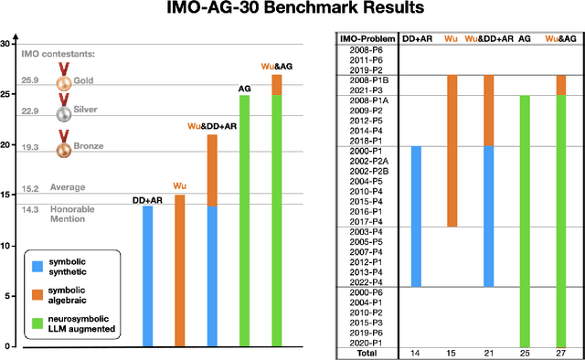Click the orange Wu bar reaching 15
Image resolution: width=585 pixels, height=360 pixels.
pyautogui.click(x=178, y=270)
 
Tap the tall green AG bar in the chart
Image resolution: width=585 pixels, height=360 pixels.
pyautogui.click(x=245, y=220)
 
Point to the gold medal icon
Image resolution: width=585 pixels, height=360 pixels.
pyautogui.click(x=64, y=81)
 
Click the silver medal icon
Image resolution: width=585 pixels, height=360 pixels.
pyautogui.click(x=64, y=112)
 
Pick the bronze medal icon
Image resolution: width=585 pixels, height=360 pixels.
pyautogui.click(x=64, y=146)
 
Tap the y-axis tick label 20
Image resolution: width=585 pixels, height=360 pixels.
pyautogui.click(x=5, y=145)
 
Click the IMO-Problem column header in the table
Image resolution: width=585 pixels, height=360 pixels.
pyautogui.click(x=368, y=38)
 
